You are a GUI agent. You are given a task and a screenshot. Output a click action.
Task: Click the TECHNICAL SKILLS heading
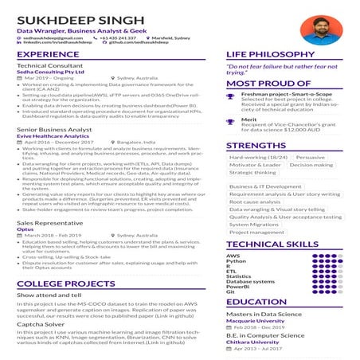(x=272, y=245)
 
